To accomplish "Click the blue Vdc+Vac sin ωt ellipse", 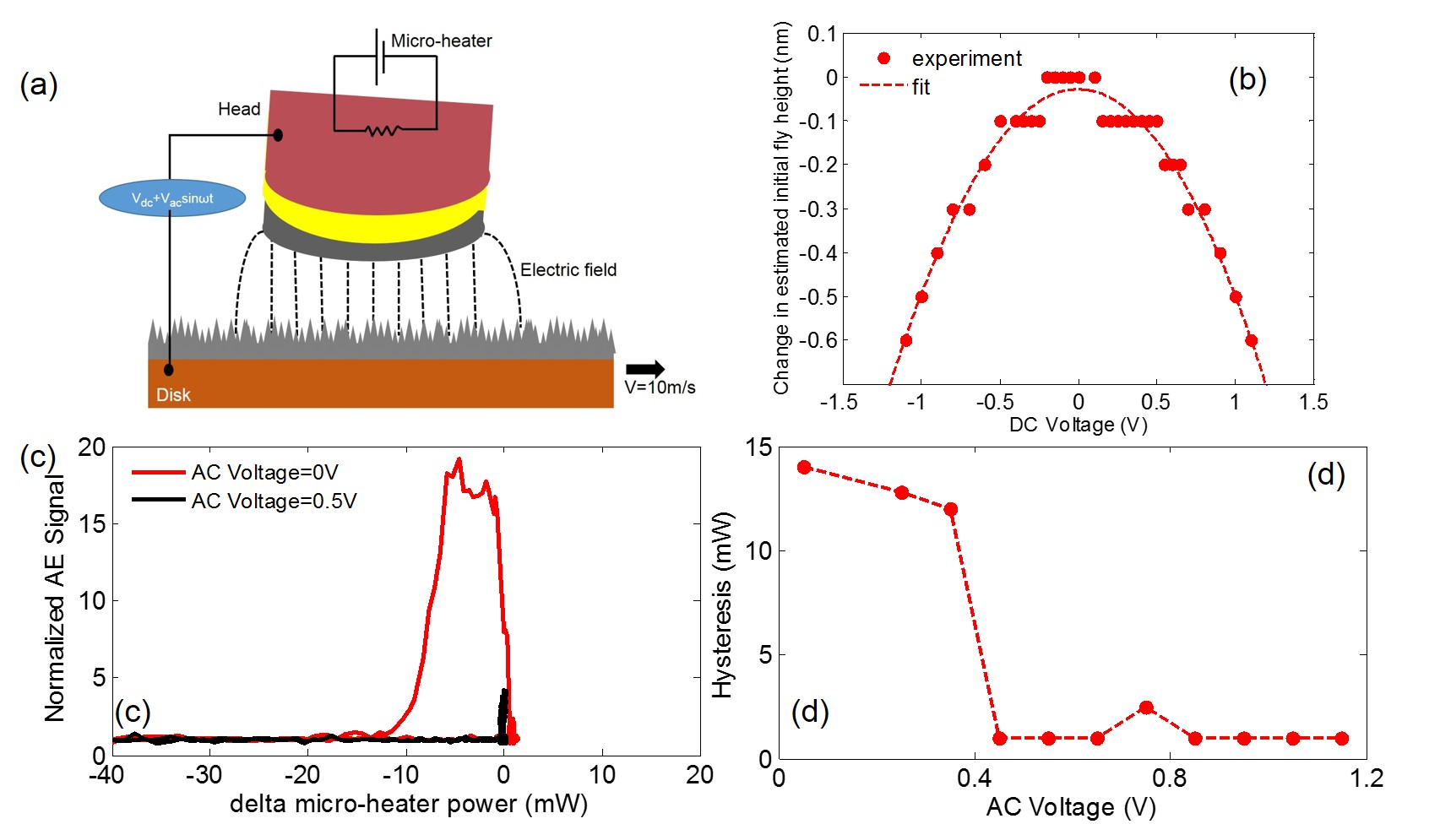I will [172, 199].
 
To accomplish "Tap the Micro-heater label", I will [441, 41].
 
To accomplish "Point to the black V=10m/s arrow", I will [645, 369].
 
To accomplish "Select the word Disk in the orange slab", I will [173, 394].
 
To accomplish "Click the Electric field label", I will [568, 270].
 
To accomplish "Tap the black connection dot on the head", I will [277, 135].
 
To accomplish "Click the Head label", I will [238, 109].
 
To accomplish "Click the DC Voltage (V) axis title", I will [1078, 424].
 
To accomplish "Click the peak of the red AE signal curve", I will [459, 459].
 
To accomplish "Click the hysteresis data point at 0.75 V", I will [1146, 707].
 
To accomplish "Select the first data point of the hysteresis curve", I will [804, 467].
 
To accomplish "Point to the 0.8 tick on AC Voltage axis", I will [1170, 778].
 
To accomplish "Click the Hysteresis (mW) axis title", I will [722, 606].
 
